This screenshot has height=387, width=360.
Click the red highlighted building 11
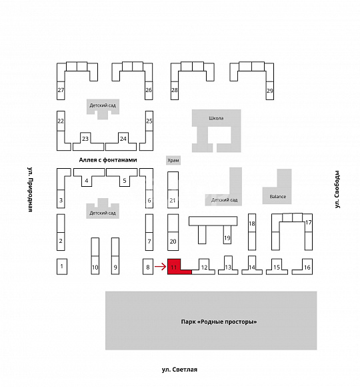click(x=174, y=267)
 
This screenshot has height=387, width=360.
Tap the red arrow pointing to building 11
click(x=160, y=266)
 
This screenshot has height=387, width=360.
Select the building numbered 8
click(x=148, y=266)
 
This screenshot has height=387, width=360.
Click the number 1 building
click(x=62, y=266)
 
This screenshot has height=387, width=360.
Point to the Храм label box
click(x=173, y=160)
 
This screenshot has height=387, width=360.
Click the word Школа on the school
click(x=216, y=118)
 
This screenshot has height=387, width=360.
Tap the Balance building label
click(x=278, y=197)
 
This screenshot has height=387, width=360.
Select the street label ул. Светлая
click(x=179, y=370)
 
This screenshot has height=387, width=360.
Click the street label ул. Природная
click(x=29, y=189)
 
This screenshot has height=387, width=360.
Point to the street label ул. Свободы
click(x=337, y=189)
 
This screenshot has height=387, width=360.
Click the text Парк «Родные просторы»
click(x=219, y=322)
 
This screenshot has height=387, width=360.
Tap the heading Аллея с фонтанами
click(x=108, y=160)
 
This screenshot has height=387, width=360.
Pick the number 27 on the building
click(x=61, y=90)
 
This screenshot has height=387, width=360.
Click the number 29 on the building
click(x=270, y=91)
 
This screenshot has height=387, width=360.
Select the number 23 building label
click(x=85, y=139)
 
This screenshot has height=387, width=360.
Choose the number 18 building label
click(x=252, y=224)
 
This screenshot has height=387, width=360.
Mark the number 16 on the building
click(x=307, y=268)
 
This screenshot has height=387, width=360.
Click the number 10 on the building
click(x=95, y=268)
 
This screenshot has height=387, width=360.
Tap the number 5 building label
click(x=125, y=181)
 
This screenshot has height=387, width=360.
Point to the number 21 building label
click(x=173, y=200)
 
